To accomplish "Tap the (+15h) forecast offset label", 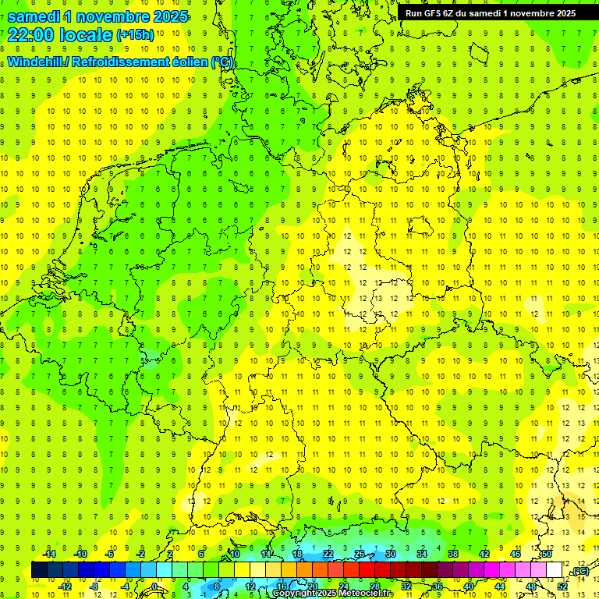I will [x=135, y=34].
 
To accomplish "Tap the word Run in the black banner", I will [x=413, y=12].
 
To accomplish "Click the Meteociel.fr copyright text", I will [x=333, y=594].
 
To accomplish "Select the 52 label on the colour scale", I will [x=562, y=587].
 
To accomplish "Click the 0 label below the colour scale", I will [x=154, y=587].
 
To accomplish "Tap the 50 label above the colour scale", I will [x=547, y=554].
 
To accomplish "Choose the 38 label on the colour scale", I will [x=452, y=554].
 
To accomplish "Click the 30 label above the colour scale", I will [x=390, y=554].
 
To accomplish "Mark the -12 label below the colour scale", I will [x=65, y=587].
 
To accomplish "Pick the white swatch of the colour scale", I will [x=554, y=570].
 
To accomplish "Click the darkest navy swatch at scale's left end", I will [x=39, y=570].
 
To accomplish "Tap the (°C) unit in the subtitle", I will [x=222, y=62].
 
